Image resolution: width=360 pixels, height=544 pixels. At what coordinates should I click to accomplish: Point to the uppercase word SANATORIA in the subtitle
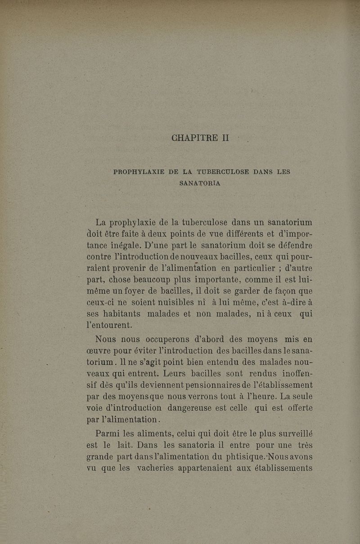(x=200, y=183)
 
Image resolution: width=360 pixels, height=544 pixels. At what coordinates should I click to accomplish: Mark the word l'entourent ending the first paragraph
(x=109, y=325)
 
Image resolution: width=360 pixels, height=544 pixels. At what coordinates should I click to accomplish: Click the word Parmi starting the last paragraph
(x=108, y=434)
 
